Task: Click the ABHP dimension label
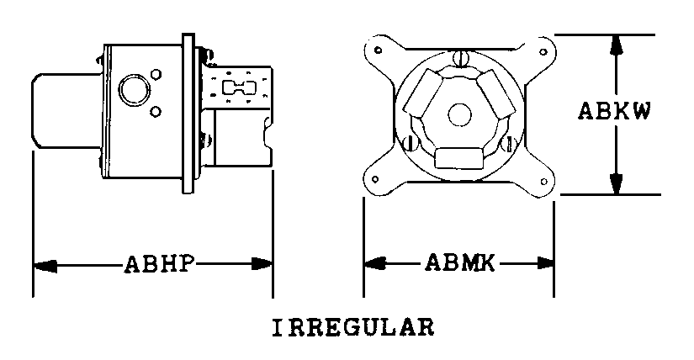tap(159, 264)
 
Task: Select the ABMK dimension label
tap(459, 262)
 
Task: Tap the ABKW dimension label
tap(614, 111)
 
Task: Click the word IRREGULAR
tap(352, 328)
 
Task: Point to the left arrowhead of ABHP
tap(45, 265)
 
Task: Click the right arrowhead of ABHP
tap(262, 264)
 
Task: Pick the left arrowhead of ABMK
tap(375, 262)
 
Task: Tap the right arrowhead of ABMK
tap(543, 263)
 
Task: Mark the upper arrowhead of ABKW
tap(616, 45)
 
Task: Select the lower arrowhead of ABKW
tap(616, 183)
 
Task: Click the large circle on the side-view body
tap(134, 89)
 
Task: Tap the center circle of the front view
tap(459, 114)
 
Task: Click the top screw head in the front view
tap(460, 58)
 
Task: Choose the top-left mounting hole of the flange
tap(378, 50)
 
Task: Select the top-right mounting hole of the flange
tap(543, 52)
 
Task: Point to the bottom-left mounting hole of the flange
tap(375, 179)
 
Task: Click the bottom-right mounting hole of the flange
tap(544, 182)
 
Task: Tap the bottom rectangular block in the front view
tap(458, 158)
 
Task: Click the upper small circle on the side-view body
tap(156, 73)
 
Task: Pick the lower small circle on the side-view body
tap(156, 112)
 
